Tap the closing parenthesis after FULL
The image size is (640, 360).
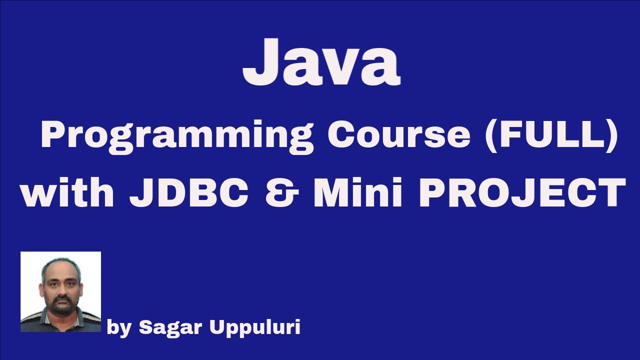tap(610, 135)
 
